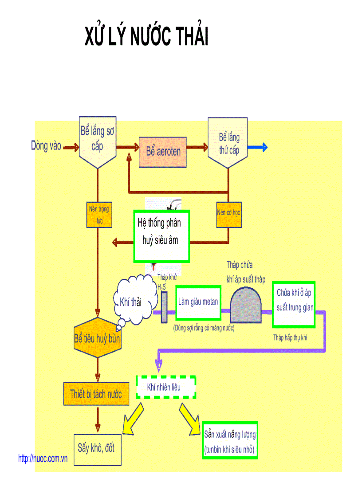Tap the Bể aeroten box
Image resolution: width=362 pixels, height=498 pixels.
163,151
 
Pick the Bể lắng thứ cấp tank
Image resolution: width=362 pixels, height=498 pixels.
228,142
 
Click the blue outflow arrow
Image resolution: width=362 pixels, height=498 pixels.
258,148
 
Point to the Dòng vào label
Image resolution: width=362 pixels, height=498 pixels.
46,145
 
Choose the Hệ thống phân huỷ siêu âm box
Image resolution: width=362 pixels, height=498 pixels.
161,236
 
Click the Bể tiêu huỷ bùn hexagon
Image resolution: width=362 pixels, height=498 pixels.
97,338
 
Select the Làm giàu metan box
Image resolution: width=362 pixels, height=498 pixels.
198,302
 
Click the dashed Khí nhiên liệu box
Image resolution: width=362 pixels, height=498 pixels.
165,387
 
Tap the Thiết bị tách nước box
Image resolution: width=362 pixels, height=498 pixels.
96,393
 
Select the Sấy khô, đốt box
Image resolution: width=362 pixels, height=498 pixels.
97,449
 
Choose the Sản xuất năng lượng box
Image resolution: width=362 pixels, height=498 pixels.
229,440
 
